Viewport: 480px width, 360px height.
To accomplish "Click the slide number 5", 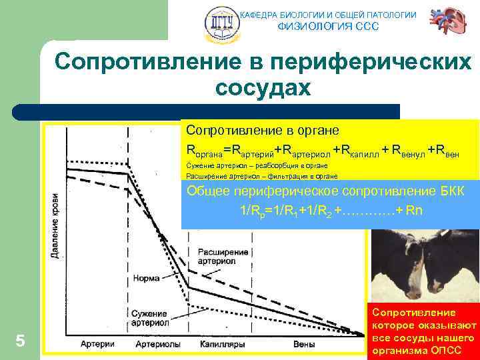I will click(20, 341).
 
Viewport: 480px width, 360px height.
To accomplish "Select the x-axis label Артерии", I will click(98, 344).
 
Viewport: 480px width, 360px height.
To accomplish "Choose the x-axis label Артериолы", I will click(157, 344).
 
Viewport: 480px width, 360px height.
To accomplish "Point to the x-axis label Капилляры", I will click(223, 344).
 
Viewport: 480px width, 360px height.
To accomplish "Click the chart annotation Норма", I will click(145, 278).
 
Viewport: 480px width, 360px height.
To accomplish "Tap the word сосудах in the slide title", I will click(263, 87).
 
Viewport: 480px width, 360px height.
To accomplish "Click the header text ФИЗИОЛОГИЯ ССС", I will click(327, 27).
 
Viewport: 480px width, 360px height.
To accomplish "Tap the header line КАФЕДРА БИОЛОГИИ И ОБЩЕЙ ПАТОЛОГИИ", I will click(327, 15).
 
